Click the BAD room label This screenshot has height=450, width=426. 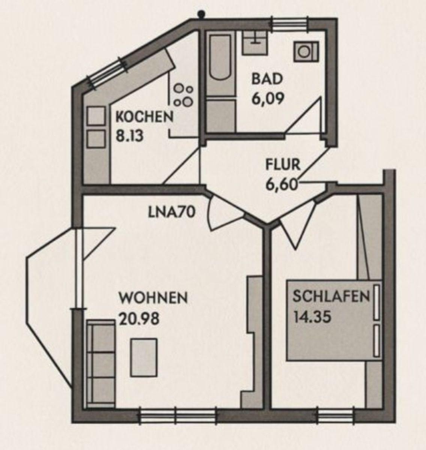pos(267,79)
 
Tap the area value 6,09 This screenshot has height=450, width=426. pos(268,99)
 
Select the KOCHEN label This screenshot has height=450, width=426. pos(144,117)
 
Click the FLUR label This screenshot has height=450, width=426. pos(283,165)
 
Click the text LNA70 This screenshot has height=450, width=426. pos(172,212)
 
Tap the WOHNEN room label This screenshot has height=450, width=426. pos(153,297)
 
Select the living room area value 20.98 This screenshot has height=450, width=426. pos(139,319)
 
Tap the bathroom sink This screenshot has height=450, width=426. pos(255,43)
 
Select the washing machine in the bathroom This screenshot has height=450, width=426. pos(306,51)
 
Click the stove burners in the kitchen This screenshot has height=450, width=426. pos(183,95)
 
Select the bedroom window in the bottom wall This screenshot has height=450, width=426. pos(336,415)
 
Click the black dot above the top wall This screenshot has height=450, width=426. pos(201,14)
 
